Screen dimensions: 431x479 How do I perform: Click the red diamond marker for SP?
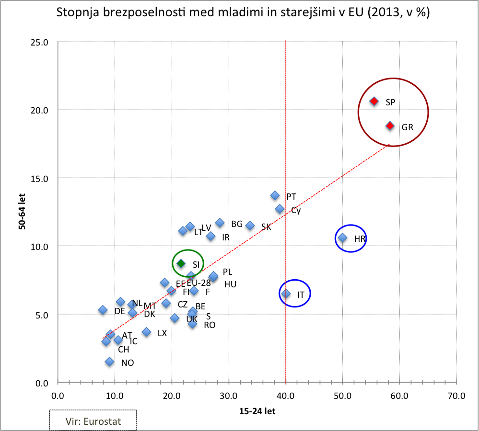tap(374, 102)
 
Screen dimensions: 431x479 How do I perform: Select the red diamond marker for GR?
tap(390, 125)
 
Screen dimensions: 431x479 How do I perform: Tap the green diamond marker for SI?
tap(181, 263)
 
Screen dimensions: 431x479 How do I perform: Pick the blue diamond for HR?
tap(342, 238)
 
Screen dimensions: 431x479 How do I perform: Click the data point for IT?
tap(286, 294)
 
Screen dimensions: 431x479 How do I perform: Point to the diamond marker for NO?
tap(110, 362)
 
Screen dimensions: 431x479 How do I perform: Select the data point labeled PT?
tap(275, 195)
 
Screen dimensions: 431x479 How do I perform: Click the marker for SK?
tap(250, 226)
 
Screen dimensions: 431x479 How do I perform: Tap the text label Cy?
tap(296, 210)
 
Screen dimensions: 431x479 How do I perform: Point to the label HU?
tap(230, 284)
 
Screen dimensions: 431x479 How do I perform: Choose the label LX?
tap(162, 333)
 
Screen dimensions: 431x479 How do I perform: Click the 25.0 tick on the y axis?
tap(40, 42)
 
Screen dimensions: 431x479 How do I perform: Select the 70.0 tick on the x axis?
tap(456, 396)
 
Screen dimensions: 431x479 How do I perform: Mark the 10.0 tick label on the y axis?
tap(40, 246)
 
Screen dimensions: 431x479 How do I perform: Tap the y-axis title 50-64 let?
tap(22, 212)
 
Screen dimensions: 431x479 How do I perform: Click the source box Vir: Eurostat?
tap(93, 421)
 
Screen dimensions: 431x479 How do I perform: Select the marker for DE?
tap(103, 310)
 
